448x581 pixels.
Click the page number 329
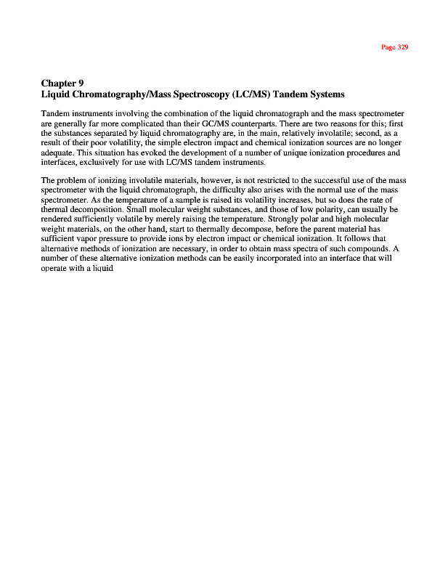402,47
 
